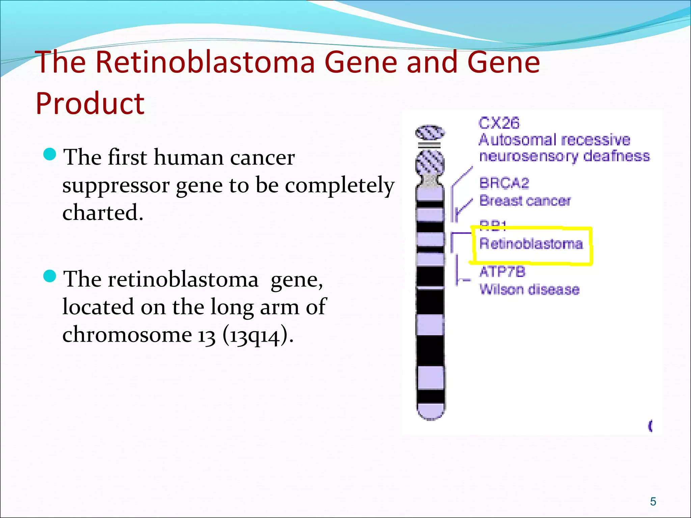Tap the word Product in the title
pos(90,104)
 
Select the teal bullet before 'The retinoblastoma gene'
pos(50,277)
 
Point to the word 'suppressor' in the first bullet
pos(116,186)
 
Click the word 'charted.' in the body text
pos(103,213)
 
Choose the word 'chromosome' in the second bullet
pos(127,335)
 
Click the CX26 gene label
pos(499,123)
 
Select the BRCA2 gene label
pos(504,183)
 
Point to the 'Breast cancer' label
pos(525,201)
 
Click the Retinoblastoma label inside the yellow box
pos(531,244)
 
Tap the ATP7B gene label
pos(502,272)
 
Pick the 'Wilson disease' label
pos(529,289)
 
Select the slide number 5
pos(653,501)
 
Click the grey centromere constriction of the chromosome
pos(430,181)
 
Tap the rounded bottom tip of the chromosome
pos(430,413)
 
